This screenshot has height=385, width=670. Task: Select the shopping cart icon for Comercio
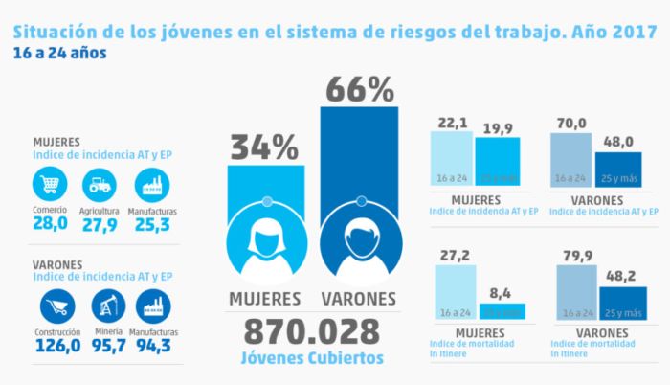(49, 184)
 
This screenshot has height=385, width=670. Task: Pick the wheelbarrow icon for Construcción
(56, 306)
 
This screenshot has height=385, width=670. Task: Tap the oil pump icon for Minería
(107, 306)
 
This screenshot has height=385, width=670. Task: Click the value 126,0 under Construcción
(56, 344)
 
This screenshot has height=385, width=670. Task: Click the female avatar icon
(264, 239)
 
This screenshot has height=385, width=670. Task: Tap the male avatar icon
(359, 239)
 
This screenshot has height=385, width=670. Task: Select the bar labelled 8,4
(502, 310)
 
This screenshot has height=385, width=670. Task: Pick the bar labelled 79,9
(571, 292)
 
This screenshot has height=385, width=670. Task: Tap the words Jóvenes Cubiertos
(310, 358)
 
